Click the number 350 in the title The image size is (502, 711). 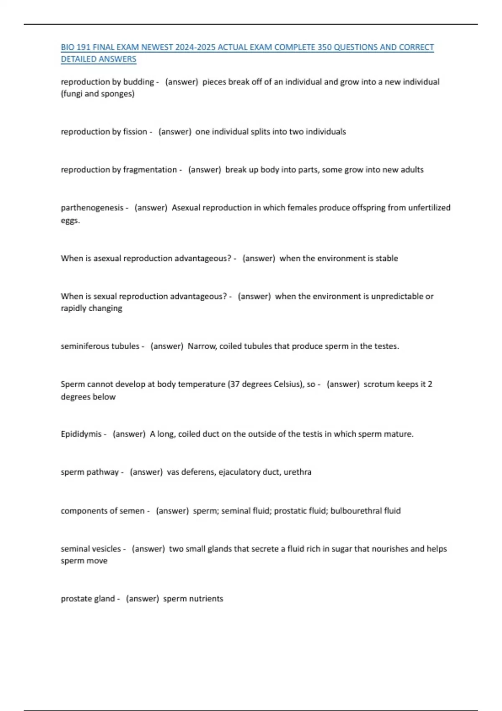[x=324, y=47]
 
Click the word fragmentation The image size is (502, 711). [x=150, y=170]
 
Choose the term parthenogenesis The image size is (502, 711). [x=92, y=208]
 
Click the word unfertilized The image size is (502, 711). [x=429, y=208]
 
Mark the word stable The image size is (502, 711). [x=387, y=258]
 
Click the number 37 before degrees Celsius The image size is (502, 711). [x=235, y=384]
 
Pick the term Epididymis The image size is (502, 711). [x=81, y=434]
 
